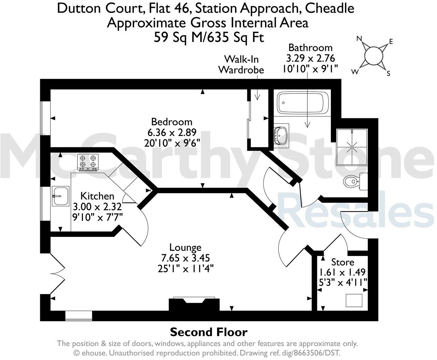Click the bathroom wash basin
coord(281,134)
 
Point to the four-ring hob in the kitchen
coord(88,162)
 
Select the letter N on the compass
coord(359,39)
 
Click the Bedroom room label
coord(172,122)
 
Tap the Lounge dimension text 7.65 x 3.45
coord(185,258)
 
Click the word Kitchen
coord(97,196)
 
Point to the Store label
coord(343,262)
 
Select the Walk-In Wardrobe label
coord(241,64)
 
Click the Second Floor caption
coord(208,332)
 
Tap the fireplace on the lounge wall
coord(194,304)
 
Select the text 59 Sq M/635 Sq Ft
coord(209,37)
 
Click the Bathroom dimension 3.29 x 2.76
coord(310,58)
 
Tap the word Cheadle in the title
coord(330,8)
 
